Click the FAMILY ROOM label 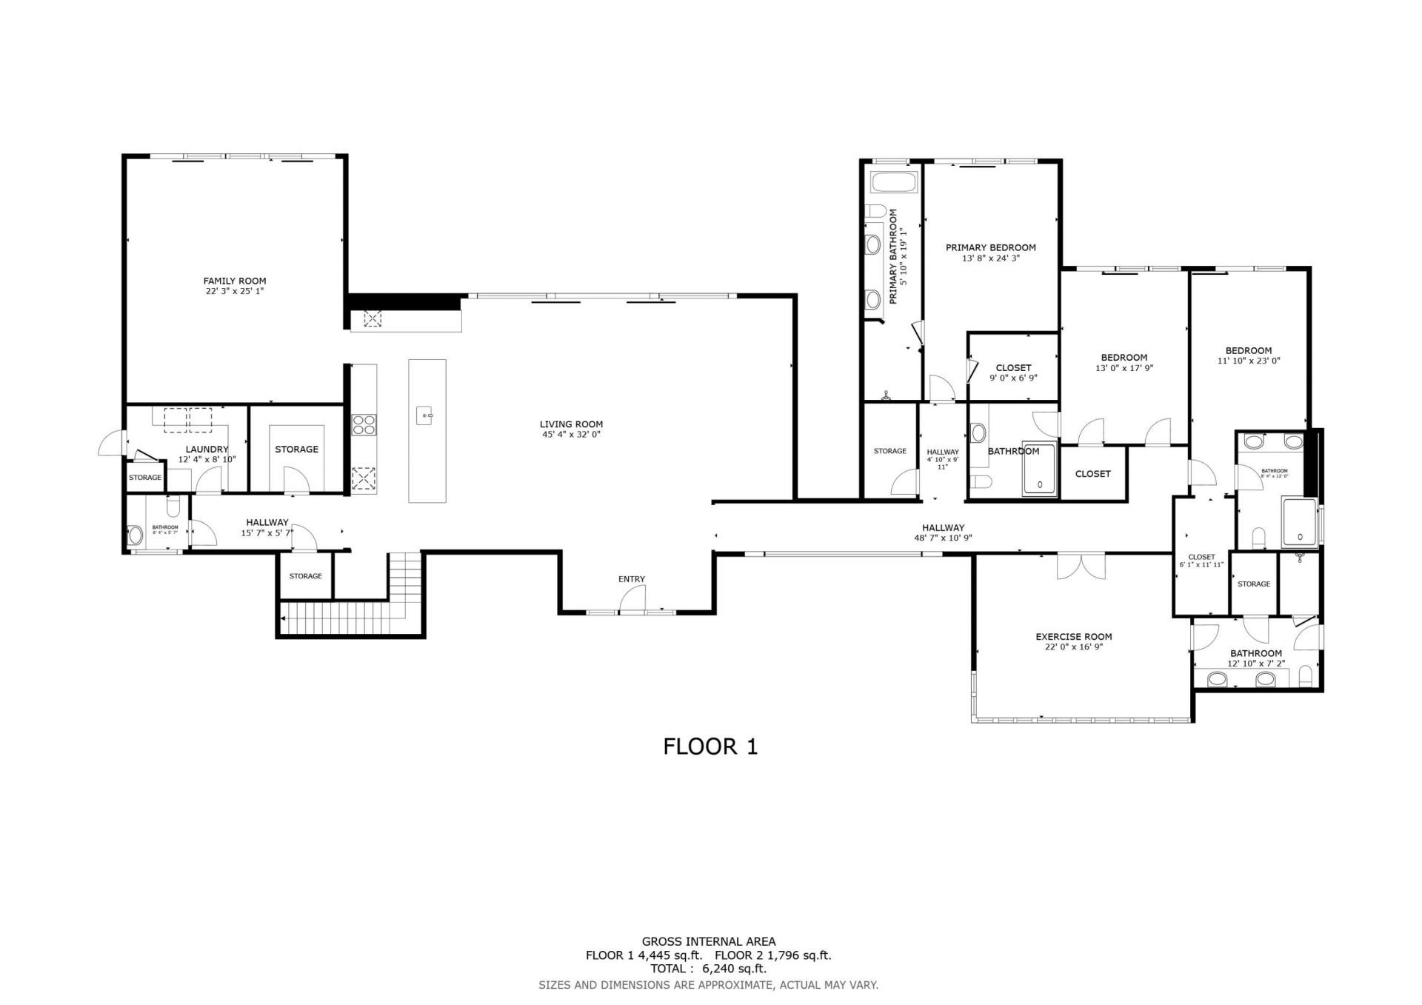(235, 281)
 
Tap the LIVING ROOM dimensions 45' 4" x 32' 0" (570, 435)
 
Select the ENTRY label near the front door (632, 579)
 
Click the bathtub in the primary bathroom (894, 182)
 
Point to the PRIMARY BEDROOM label (990, 247)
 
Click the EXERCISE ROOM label (1073, 636)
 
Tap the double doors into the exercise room (1081, 567)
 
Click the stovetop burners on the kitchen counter (363, 424)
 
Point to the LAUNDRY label (207, 449)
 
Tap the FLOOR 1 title (710, 747)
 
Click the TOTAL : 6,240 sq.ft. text (708, 969)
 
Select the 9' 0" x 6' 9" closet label (1013, 378)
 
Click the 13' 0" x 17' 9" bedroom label (1124, 368)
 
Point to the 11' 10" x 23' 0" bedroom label (1248, 361)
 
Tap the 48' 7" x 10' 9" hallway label (943, 538)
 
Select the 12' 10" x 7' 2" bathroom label (1256, 664)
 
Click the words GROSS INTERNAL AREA (708, 942)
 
